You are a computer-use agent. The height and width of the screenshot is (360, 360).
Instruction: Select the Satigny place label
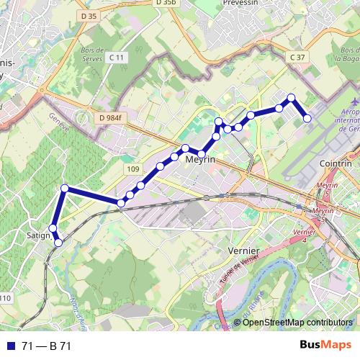pos(37,235)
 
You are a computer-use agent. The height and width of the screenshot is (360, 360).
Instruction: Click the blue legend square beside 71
pos(11,346)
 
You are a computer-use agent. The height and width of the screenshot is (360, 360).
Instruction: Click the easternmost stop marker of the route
pos(307,118)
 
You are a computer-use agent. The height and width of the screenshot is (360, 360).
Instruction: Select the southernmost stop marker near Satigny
pos(58,242)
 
